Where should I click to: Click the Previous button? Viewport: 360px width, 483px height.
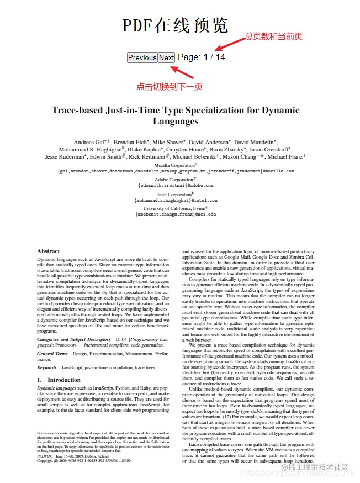tap(142, 57)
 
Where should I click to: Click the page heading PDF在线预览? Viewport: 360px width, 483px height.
tap(175, 25)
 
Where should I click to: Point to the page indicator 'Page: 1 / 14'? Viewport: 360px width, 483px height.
tap(202, 57)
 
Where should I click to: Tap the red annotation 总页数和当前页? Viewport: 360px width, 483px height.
tap(274, 37)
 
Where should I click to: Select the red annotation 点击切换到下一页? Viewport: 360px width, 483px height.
tap(170, 86)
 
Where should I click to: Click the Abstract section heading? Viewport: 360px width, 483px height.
tap(48, 251)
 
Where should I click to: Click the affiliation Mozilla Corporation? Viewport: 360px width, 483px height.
tap(174, 165)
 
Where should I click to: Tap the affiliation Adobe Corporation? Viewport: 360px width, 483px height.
tap(174, 180)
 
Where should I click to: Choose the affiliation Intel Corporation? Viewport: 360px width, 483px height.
tap(175, 195)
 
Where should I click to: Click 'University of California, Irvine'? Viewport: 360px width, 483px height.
tap(174, 208)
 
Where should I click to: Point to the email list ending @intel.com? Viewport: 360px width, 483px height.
tap(176, 201)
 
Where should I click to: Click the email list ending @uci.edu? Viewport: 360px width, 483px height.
tap(176, 214)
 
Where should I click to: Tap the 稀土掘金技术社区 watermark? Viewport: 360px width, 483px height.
tap(318, 468)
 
